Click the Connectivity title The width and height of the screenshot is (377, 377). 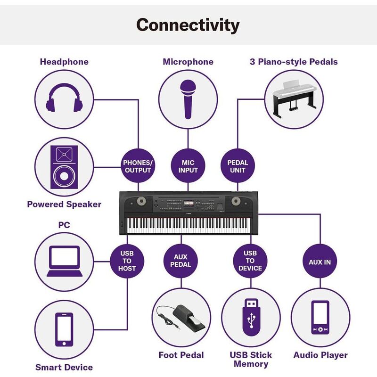(x=188, y=25)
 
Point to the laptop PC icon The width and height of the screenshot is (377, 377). (x=64, y=262)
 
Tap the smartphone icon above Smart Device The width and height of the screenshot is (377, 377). (x=64, y=330)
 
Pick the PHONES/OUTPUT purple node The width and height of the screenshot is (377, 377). (x=138, y=166)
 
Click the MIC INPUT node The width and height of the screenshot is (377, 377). (x=188, y=166)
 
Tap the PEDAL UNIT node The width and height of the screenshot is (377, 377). (x=238, y=166)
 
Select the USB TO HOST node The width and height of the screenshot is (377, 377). (x=127, y=261)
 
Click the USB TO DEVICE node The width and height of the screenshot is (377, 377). (x=250, y=261)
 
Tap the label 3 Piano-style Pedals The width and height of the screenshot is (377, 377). (x=293, y=62)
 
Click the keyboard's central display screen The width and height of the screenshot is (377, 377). (x=188, y=204)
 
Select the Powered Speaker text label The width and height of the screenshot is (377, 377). (x=64, y=204)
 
